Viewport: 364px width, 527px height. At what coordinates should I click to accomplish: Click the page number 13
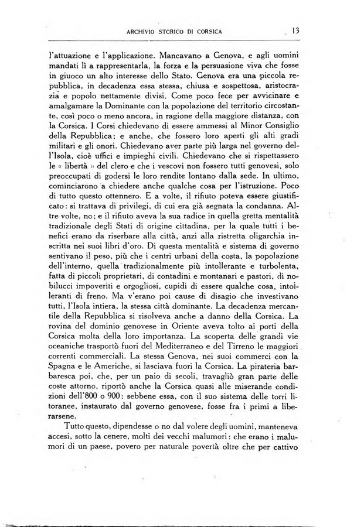295,30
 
